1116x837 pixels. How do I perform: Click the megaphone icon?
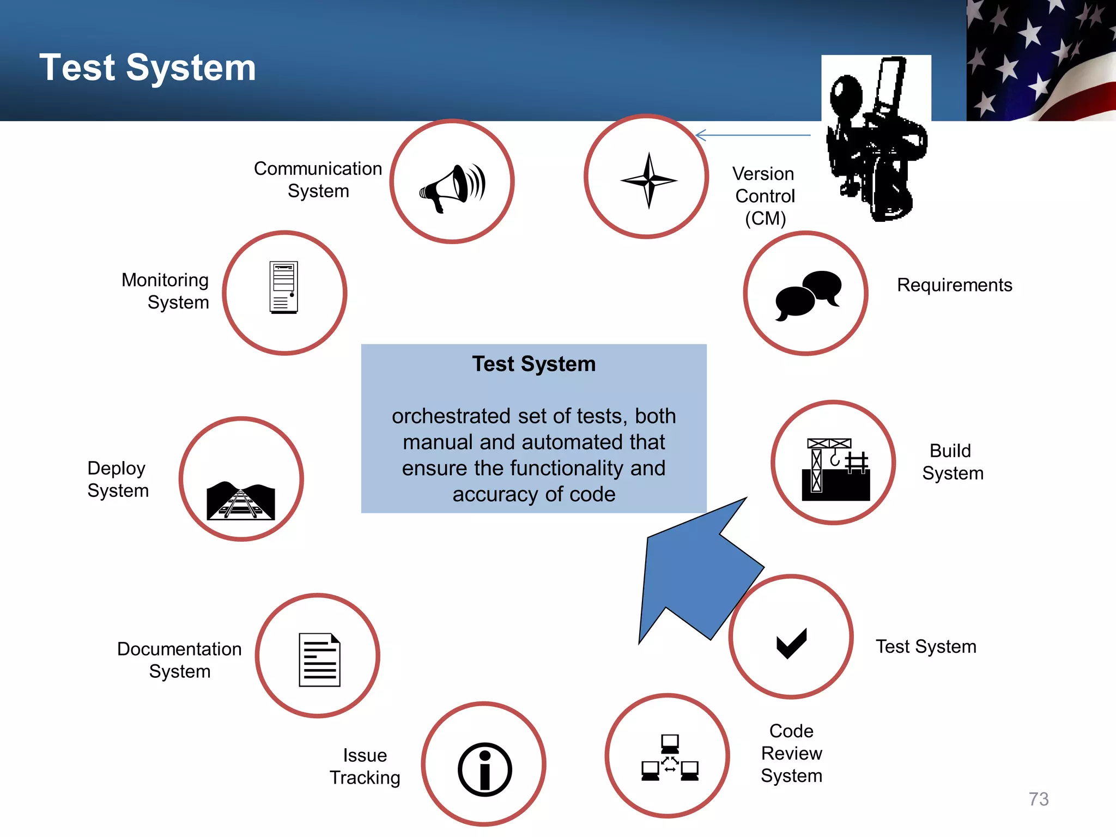[x=452, y=187]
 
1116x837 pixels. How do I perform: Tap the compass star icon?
[x=648, y=180]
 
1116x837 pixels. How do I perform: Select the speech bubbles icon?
[x=808, y=295]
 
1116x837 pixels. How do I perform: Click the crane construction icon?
[x=835, y=469]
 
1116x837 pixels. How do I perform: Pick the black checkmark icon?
[x=791, y=643]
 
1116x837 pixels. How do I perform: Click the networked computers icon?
[x=670, y=757]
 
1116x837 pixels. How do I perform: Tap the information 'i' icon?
[x=484, y=769]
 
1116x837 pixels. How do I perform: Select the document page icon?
[x=319, y=659]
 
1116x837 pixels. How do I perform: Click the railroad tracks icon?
[x=241, y=500]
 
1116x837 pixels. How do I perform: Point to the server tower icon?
[x=284, y=287]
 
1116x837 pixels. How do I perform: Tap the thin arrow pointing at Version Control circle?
[x=753, y=135]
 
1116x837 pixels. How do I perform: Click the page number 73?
[x=1038, y=799]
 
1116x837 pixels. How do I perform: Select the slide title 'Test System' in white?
[x=148, y=68]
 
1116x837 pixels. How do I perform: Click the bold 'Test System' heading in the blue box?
[x=533, y=364]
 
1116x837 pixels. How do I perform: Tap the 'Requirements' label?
[x=954, y=285]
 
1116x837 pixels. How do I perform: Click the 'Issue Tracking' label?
[x=365, y=766]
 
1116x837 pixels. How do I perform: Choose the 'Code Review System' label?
[x=791, y=753]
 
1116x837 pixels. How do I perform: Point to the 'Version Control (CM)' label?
[x=765, y=196]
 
